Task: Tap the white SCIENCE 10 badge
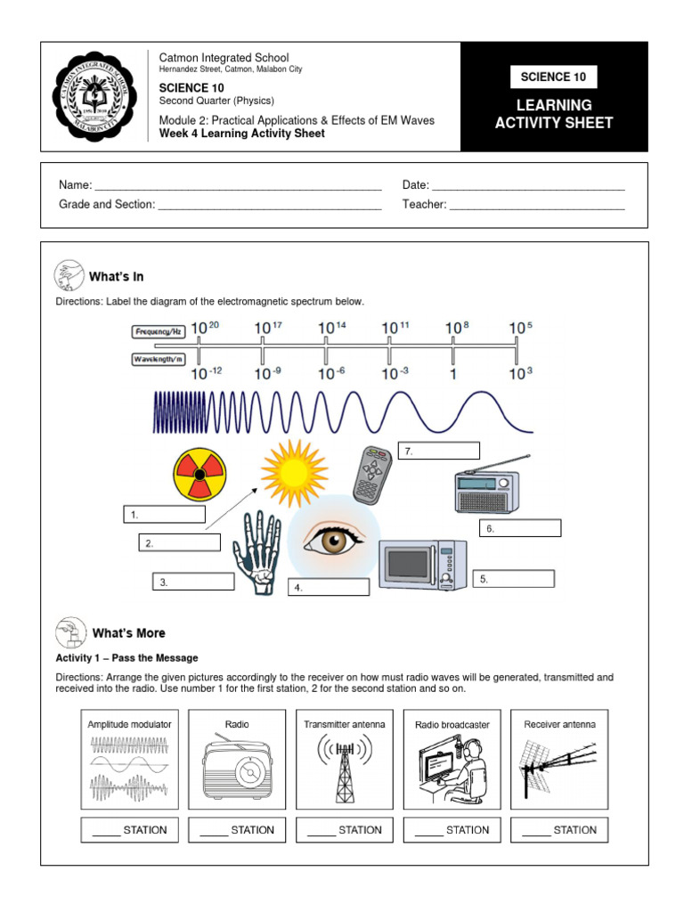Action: pos(556,77)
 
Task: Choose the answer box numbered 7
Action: pos(439,452)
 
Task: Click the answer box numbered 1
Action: pos(165,515)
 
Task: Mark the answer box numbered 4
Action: pos(328,588)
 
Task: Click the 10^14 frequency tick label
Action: pos(331,329)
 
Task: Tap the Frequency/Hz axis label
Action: pos(159,331)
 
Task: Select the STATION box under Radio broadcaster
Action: pos(452,830)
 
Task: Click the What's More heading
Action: pos(129,633)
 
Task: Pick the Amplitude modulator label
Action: pos(129,724)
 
